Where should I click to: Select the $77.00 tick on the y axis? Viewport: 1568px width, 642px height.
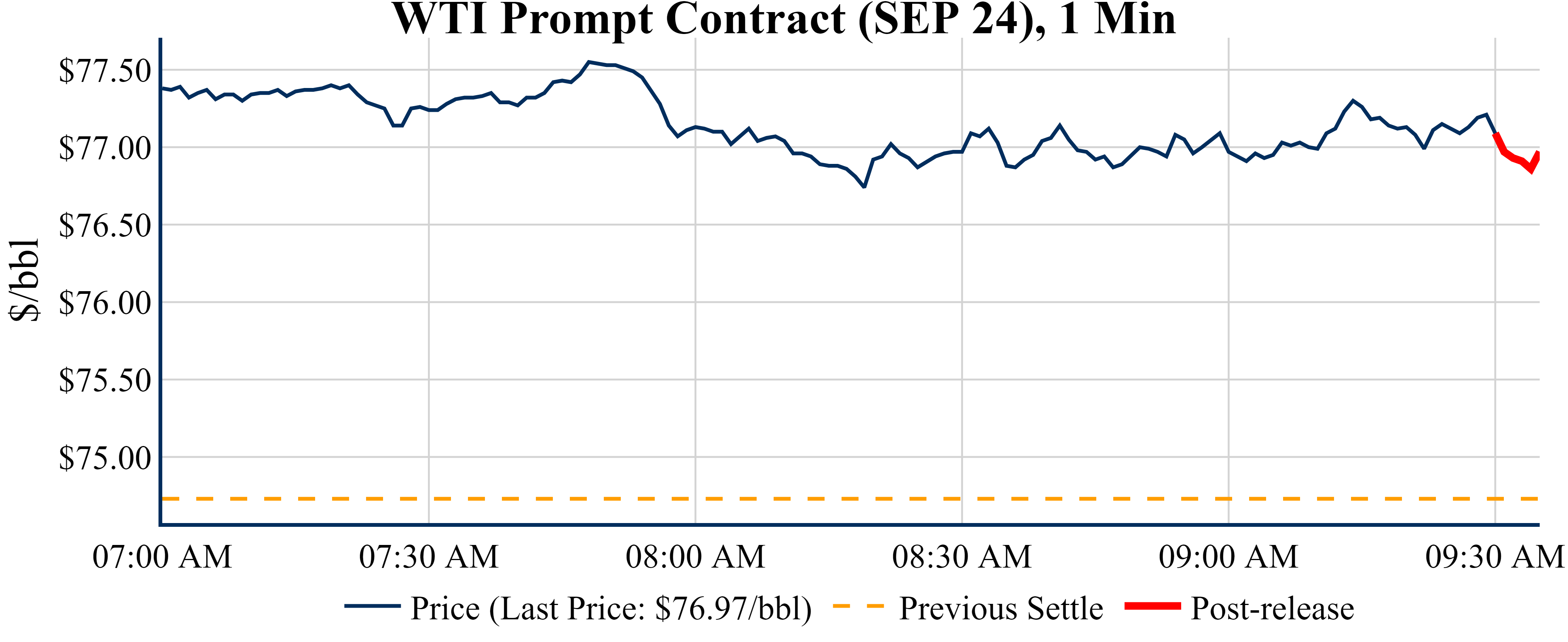[105, 148]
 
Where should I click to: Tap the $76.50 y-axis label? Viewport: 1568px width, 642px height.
[105, 225]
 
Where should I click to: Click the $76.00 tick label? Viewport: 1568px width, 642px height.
[105, 303]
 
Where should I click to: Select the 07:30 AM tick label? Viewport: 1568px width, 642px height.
[429, 557]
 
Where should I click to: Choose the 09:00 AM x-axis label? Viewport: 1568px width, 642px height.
[1228, 557]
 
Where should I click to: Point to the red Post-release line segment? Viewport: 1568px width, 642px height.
[1516, 158]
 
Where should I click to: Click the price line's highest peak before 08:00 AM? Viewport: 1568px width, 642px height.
[589, 62]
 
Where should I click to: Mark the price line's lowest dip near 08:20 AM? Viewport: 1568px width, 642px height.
[864, 187]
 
